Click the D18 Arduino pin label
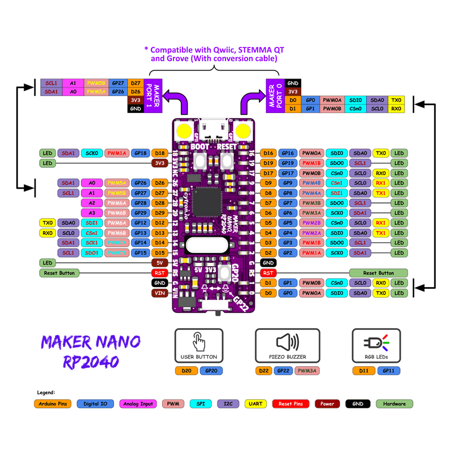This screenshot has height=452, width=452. tap(159, 153)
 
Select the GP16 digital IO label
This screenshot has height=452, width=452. tap(288, 153)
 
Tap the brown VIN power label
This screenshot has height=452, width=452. tap(159, 293)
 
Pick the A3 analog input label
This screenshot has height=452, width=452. tap(92, 212)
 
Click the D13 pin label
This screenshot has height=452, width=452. tap(159, 233)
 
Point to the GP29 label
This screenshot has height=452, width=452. tap(141, 212)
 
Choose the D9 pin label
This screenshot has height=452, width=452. tap(269, 183)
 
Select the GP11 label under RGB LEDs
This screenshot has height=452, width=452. tap(389, 371)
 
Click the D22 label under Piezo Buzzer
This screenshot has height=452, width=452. tap(263, 371)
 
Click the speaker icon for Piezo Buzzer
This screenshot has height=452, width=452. tap(286, 342)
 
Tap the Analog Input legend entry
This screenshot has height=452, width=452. tap(138, 404)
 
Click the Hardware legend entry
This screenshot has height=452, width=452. tap(394, 404)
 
